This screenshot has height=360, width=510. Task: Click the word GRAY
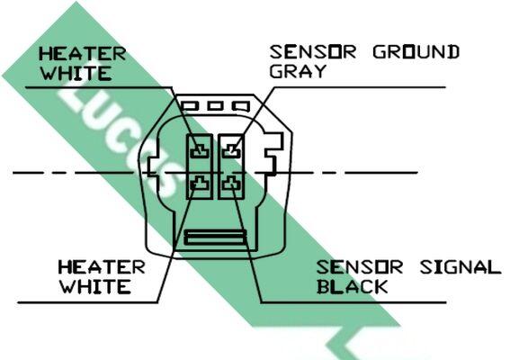coord(298,71)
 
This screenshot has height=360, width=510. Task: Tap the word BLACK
coord(353,287)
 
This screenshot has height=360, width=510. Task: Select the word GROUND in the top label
coord(416,52)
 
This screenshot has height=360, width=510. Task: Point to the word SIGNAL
coord(461,267)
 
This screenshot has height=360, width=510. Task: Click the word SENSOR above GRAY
coord(313,52)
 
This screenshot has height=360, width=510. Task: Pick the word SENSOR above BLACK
coord(360,267)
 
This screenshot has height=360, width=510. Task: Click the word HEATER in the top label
coord(82,54)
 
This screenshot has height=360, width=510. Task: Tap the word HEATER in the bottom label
coord(102,267)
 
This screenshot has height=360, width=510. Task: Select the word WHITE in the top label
coord(76,73)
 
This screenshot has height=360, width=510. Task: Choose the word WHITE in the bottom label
coord(94,287)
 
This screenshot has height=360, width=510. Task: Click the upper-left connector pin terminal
coord(200,151)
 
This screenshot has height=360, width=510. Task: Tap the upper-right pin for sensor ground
coord(231,151)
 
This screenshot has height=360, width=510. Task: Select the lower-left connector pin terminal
coord(200,184)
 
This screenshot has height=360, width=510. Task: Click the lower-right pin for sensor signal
coord(231,184)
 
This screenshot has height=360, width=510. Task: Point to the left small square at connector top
coord(190,106)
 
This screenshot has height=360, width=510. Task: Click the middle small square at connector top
coord(216,106)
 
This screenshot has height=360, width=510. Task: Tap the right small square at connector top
coord(241,106)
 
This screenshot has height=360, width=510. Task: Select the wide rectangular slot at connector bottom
coord(215,237)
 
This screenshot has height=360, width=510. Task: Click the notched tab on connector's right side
coord(274,154)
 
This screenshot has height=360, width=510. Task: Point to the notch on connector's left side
coord(153,167)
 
